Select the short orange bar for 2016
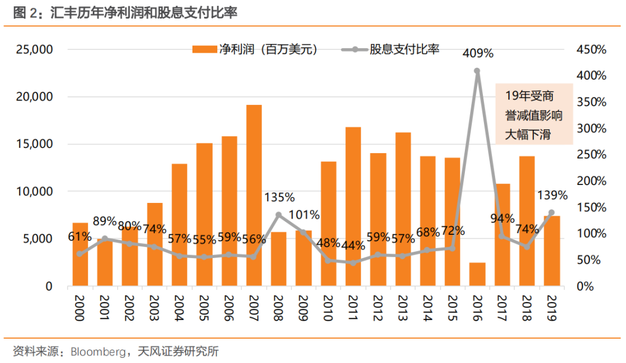coord(477,274)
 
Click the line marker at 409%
coord(477,71)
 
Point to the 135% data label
coord(279,198)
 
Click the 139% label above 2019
coord(552,195)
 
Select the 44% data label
coord(353,245)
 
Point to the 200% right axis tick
coord(591,181)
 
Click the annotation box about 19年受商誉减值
coord(533,114)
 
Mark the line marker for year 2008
coord(279,215)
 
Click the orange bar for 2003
coord(155,244)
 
